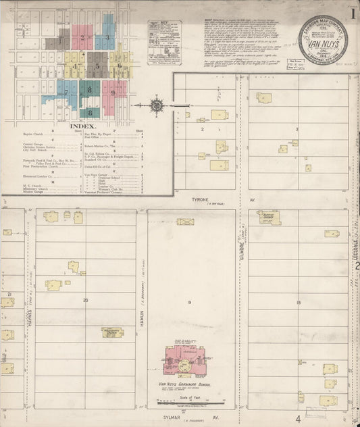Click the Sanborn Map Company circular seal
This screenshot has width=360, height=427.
point(325,40)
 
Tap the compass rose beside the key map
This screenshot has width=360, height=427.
point(157,105)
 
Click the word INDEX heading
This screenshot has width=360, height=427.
point(84,126)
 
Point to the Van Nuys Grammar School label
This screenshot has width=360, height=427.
point(184,384)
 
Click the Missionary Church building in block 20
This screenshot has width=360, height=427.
point(111,332)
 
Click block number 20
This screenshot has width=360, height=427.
point(85,299)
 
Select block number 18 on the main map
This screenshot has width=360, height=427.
point(298,302)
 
